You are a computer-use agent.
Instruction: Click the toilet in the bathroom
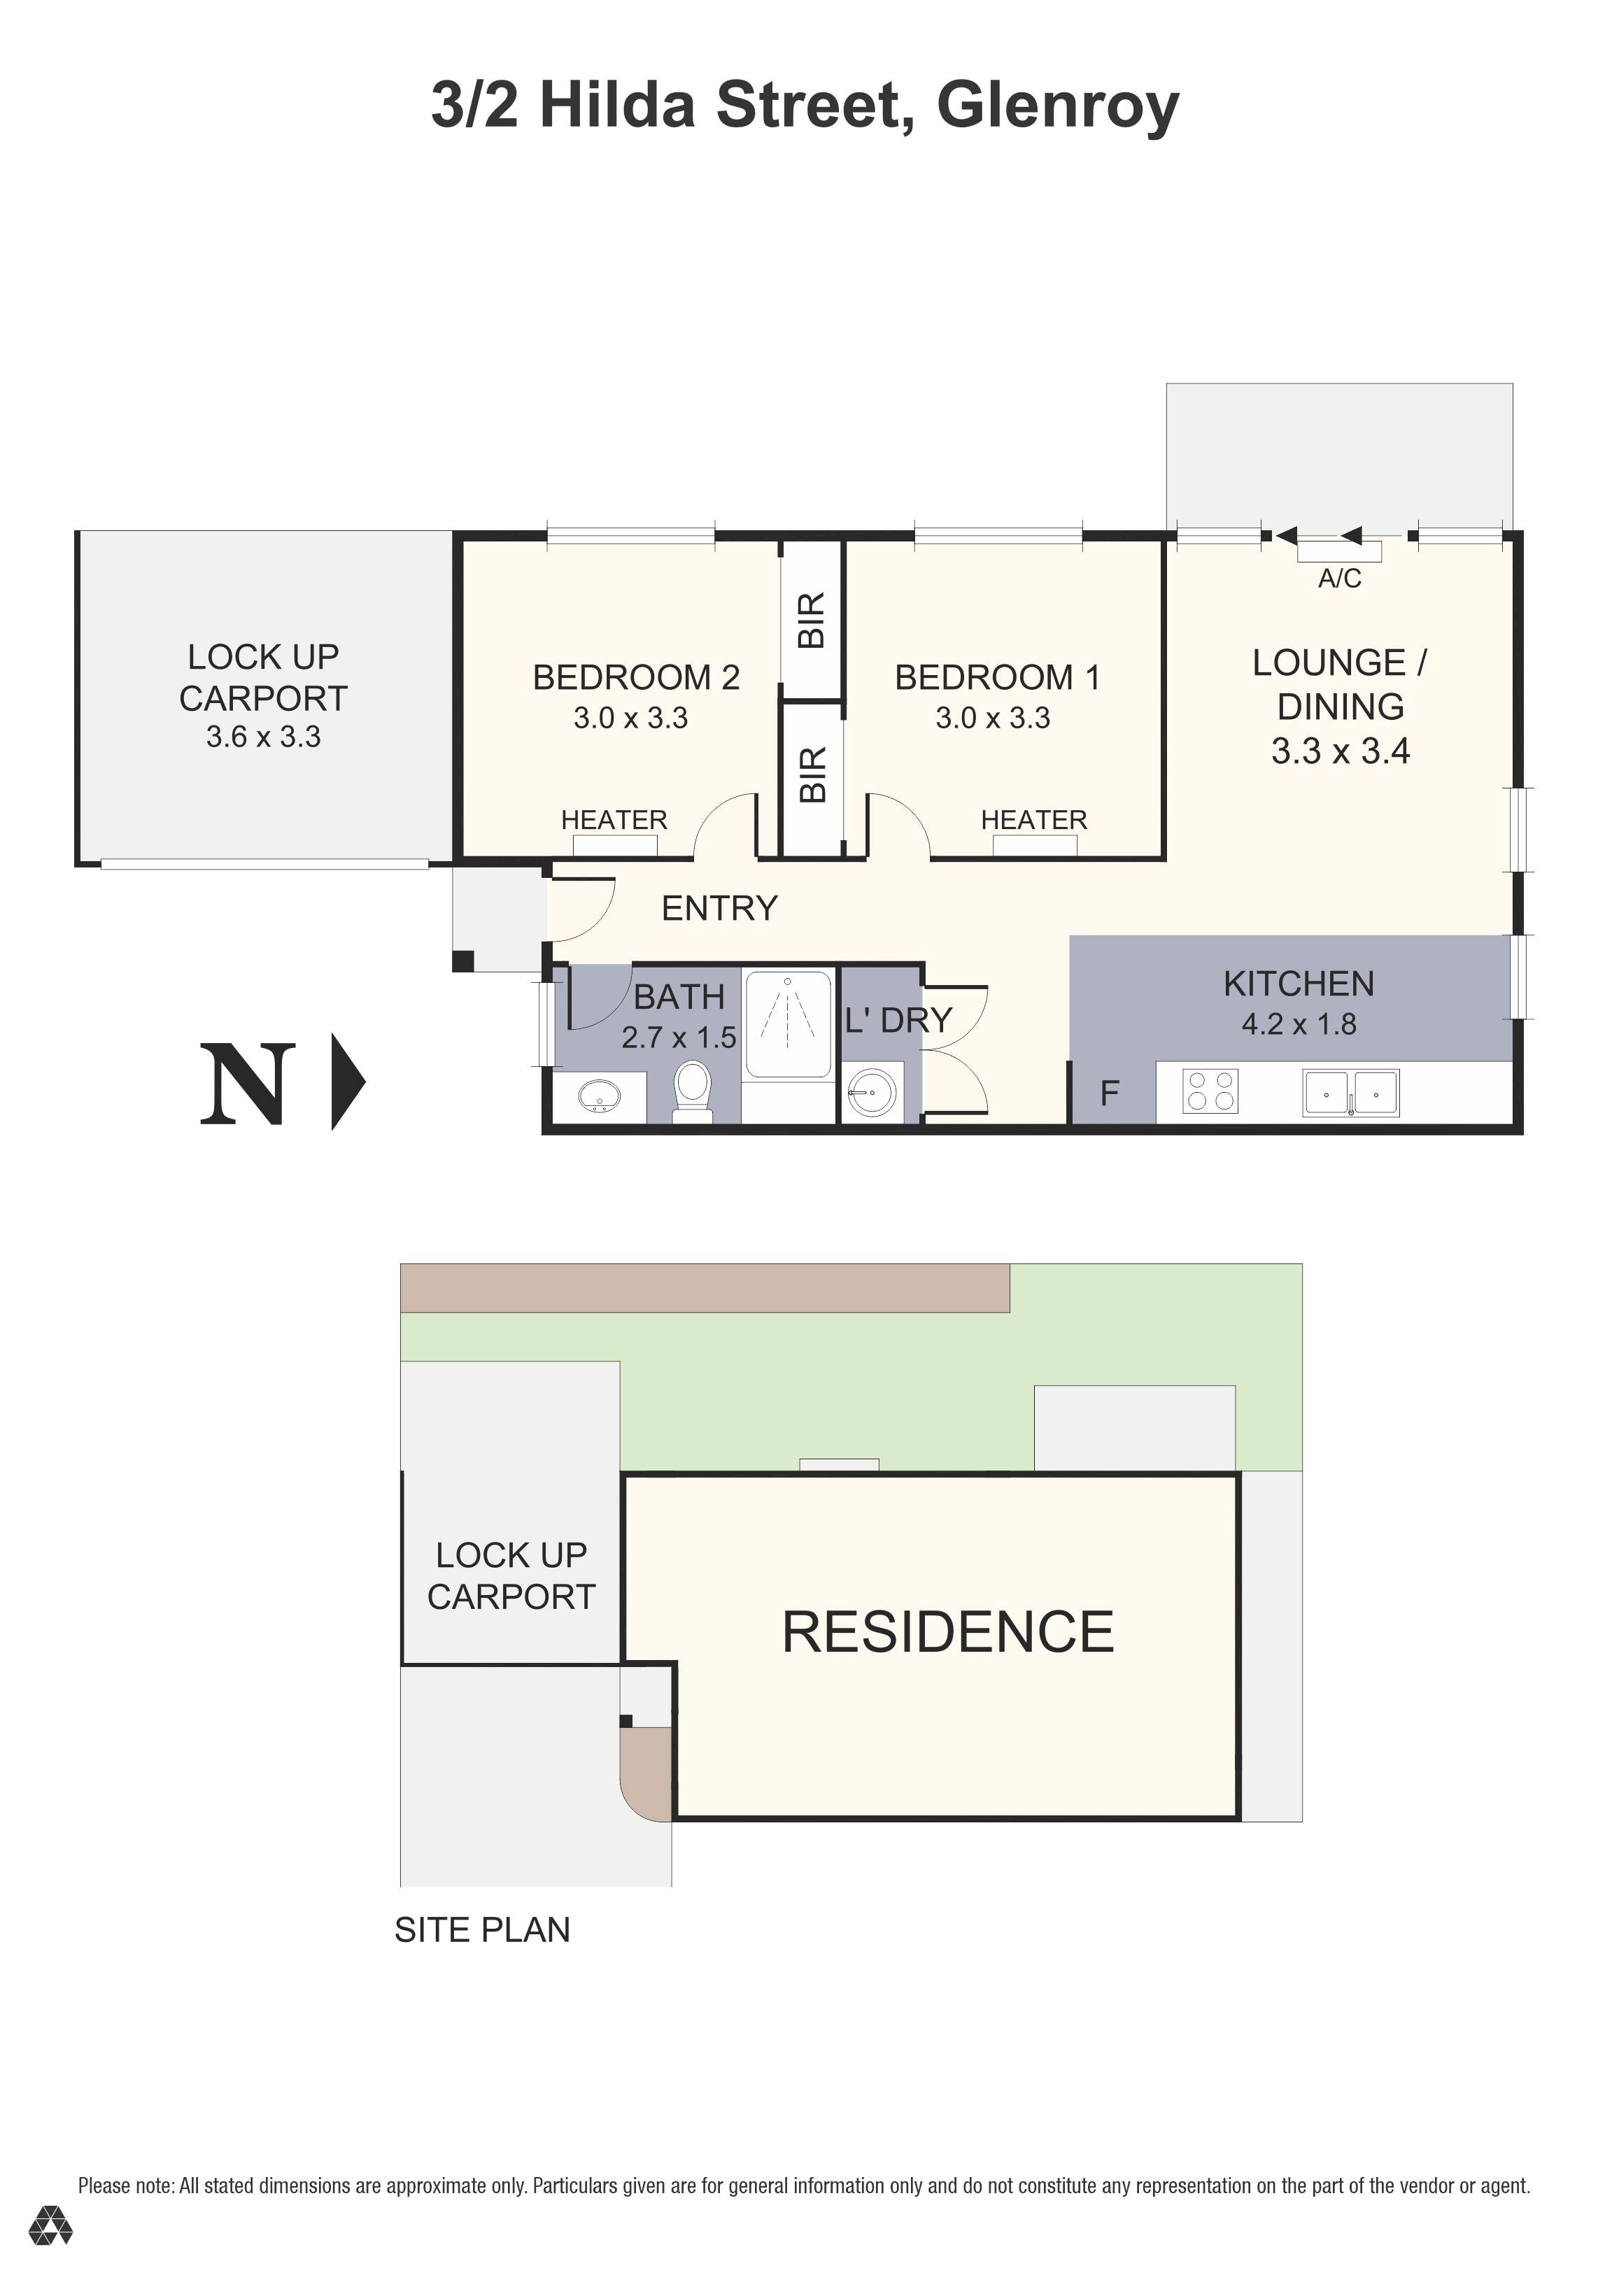coord(692,1091)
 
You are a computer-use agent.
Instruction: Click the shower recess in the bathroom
coord(788,1024)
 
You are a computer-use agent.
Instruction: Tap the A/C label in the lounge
coord(1339,579)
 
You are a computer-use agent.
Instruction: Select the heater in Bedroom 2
coord(615,845)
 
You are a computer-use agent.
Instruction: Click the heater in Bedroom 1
coord(1035,845)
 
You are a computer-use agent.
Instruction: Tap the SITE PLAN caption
coord(483,1930)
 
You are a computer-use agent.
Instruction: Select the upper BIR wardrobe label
coord(812,620)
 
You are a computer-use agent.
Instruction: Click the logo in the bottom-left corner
coord(50,2226)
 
